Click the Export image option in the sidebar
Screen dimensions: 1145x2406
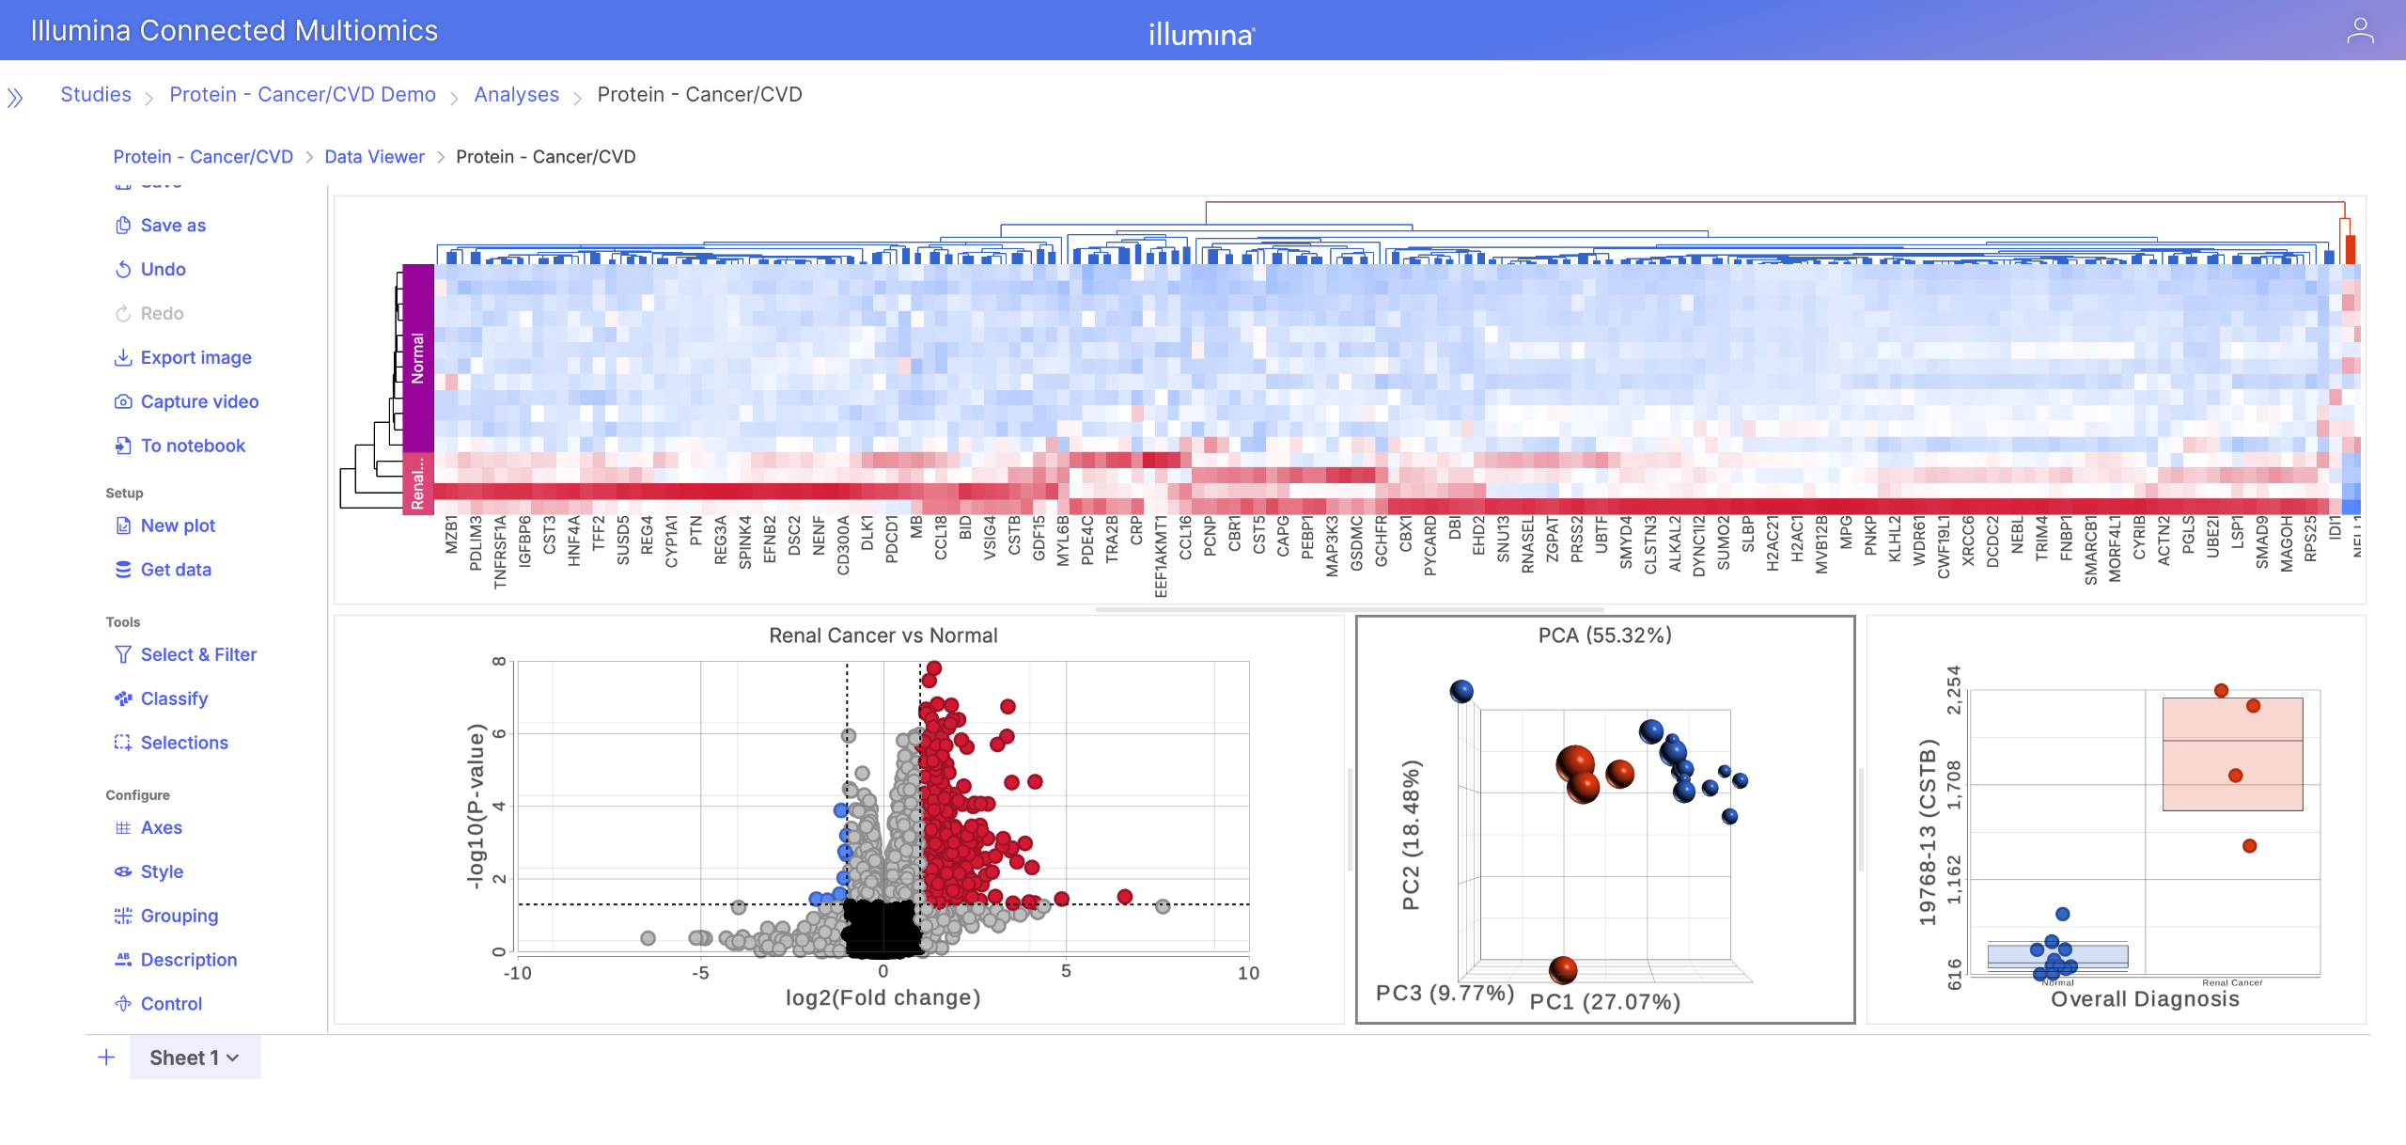click(195, 357)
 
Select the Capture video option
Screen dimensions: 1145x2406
click(199, 401)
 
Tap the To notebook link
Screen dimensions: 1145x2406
click(193, 446)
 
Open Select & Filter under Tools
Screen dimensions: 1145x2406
click(198, 654)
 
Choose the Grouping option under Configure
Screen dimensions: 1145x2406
click(179, 916)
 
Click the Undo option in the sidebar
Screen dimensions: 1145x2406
click(163, 269)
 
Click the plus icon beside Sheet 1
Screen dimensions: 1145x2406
click(107, 1058)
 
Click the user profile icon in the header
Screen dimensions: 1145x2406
click(2360, 31)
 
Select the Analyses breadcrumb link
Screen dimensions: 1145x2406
click(516, 94)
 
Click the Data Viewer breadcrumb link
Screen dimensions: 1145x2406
click(374, 157)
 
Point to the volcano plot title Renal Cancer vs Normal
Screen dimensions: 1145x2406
click(883, 635)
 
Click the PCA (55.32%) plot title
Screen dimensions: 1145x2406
click(1604, 635)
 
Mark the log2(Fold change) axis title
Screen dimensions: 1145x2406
click(883, 997)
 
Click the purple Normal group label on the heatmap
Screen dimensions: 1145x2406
click(418, 357)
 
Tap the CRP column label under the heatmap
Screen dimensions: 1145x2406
click(1137, 530)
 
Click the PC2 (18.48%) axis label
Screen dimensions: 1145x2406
click(1411, 834)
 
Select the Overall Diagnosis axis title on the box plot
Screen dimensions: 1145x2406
click(2145, 999)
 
